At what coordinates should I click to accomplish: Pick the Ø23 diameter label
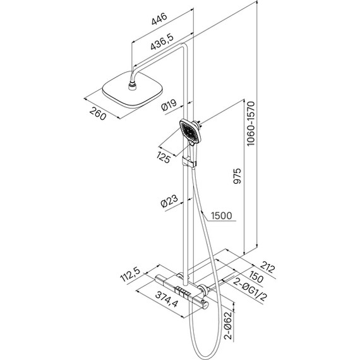tap(169, 203)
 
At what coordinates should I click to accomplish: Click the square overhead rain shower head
tap(131, 92)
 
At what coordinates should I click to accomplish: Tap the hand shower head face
tap(189, 131)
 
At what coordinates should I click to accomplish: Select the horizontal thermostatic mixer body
tap(180, 291)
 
